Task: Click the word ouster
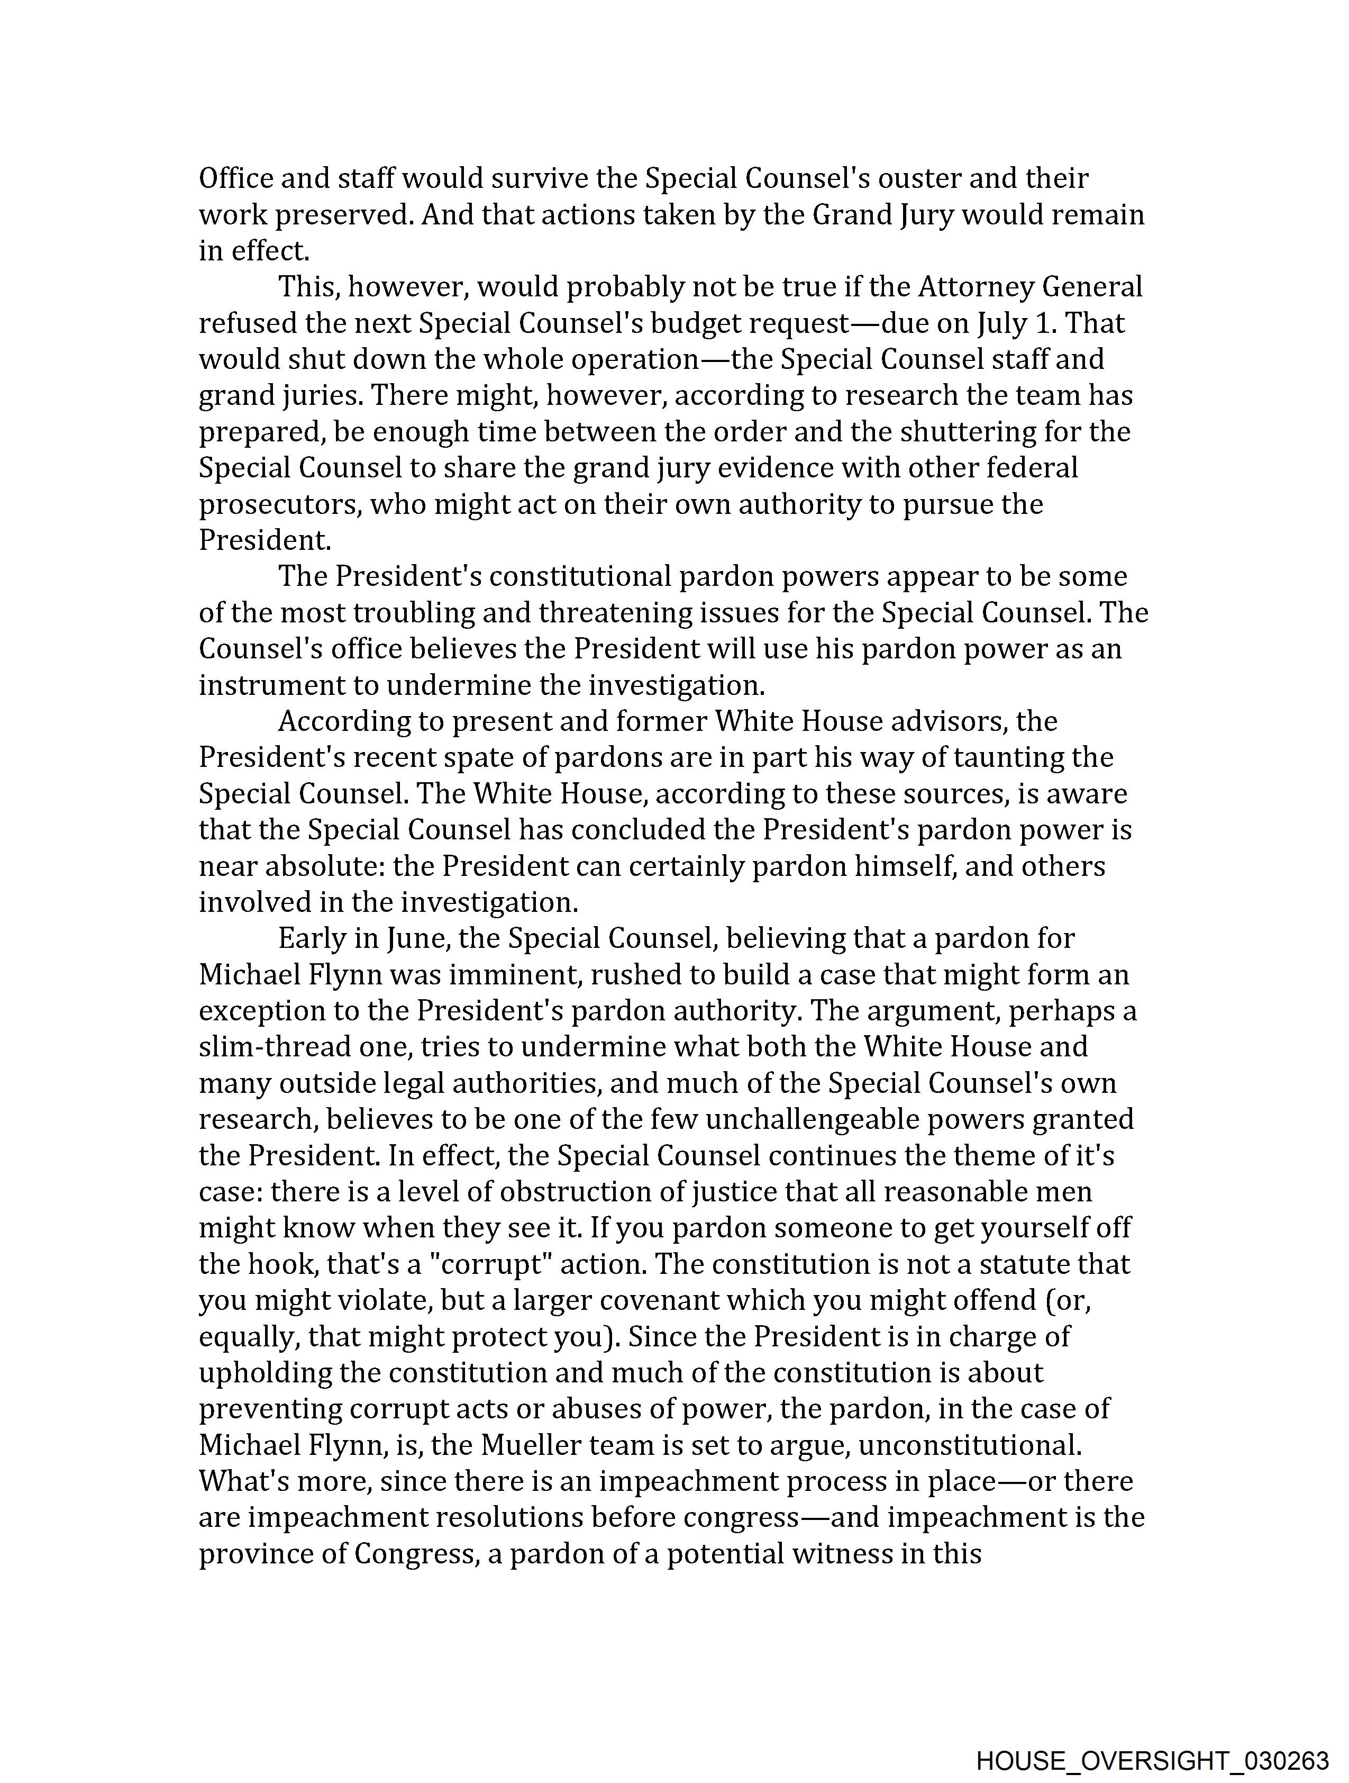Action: [919, 178]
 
